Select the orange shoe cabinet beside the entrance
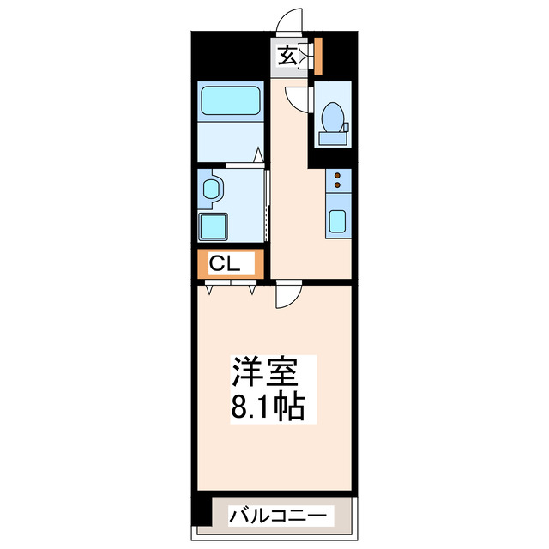317,55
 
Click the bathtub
229,104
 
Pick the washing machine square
212,226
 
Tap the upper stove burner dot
337,176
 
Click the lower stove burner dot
337,186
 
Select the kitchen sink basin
337,221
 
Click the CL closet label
224,264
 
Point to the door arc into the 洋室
286,296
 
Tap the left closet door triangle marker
209,290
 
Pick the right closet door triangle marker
252,290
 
